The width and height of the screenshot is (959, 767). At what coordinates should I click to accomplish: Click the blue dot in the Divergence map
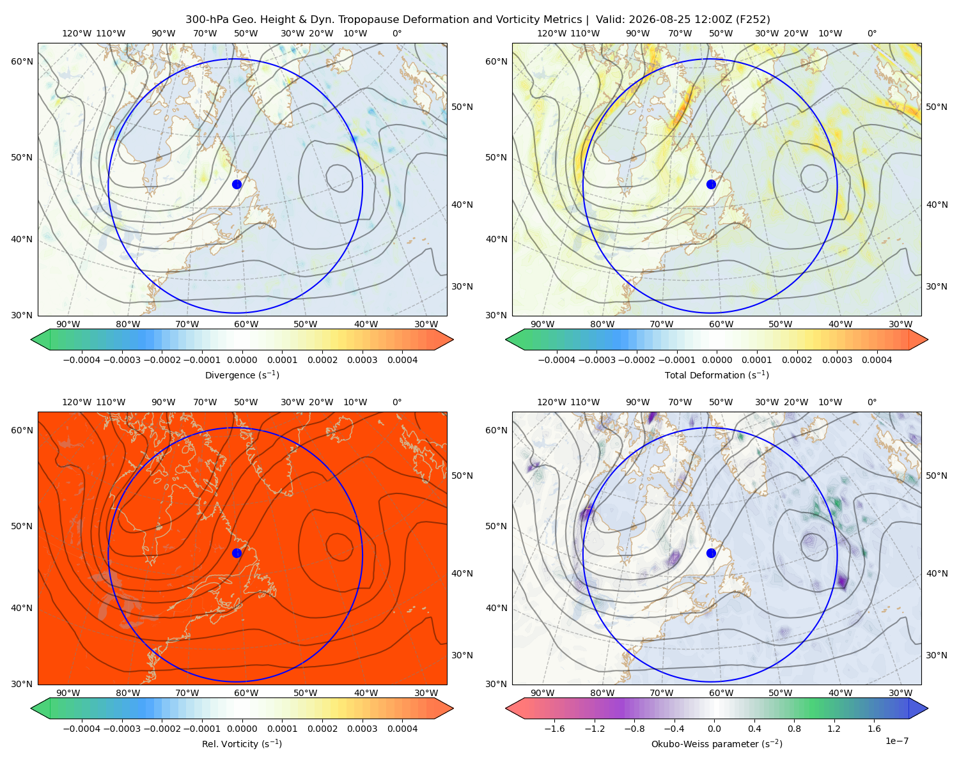tap(237, 184)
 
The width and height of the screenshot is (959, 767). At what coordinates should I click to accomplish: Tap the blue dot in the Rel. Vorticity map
tap(237, 553)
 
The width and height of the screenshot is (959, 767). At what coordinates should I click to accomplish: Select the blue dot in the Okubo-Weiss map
tap(711, 553)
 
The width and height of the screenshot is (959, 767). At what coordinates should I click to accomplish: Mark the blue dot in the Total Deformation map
tap(711, 184)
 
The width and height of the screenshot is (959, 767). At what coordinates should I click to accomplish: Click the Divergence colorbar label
tap(242, 375)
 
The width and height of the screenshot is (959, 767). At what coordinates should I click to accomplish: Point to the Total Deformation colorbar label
tap(717, 375)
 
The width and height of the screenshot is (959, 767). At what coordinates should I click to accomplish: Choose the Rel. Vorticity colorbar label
tap(242, 743)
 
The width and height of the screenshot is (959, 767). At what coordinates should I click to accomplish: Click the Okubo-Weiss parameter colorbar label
tap(717, 743)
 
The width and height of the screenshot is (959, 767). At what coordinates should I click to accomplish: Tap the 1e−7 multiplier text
tap(896, 741)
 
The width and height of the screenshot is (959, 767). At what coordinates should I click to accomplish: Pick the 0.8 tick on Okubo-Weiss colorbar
tap(794, 728)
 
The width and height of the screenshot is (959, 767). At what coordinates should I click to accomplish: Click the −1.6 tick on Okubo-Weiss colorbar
tap(555, 728)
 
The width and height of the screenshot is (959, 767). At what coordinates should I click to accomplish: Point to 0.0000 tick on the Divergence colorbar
tap(242, 360)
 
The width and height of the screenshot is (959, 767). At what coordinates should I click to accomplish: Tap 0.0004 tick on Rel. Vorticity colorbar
tap(402, 728)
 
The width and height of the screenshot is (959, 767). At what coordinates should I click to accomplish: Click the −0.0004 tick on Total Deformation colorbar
tap(557, 360)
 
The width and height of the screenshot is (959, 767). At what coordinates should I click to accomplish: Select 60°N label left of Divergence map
tap(22, 61)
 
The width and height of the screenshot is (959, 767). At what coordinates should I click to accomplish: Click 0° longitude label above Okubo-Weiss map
tap(871, 402)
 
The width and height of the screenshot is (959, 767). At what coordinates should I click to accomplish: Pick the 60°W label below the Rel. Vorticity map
tap(246, 693)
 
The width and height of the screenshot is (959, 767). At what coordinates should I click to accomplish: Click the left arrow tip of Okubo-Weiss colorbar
tap(506, 708)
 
